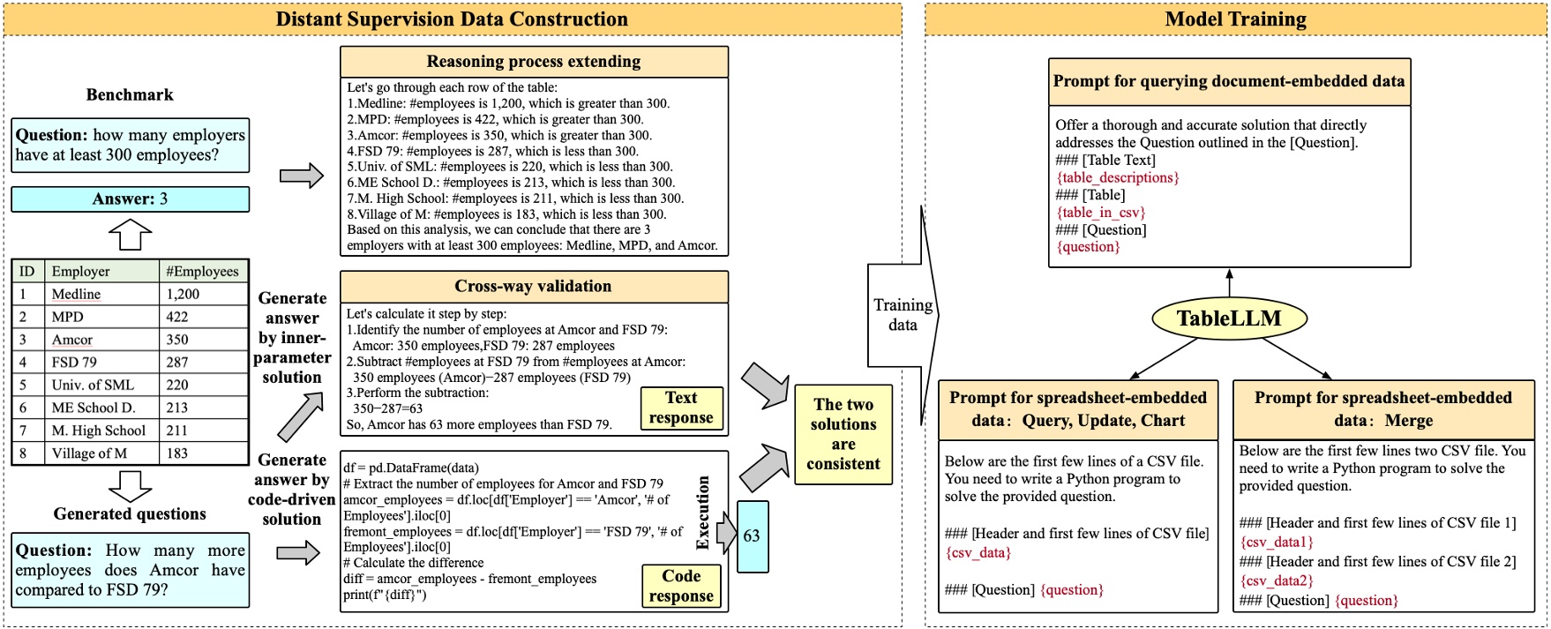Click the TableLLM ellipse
tap(1228, 318)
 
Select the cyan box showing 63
tap(752, 536)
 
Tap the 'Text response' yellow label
tap(681, 408)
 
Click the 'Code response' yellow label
tap(681, 586)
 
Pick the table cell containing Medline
tap(76, 294)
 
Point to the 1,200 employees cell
tap(183, 294)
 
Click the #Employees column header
tap(202, 271)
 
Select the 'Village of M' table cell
tap(89, 453)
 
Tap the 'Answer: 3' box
tap(130, 199)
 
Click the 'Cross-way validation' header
tap(533, 287)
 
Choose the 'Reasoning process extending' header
tap(533, 62)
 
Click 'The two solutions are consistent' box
tap(843, 434)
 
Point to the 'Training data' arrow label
tap(903, 315)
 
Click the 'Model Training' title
tap(1235, 19)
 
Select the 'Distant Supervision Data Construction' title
tap(452, 19)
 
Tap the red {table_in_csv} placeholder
tap(1100, 213)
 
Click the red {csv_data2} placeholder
tap(1276, 580)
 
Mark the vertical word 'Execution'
tap(703, 513)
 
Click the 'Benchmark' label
tap(130, 95)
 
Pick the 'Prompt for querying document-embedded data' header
tap(1228, 81)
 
